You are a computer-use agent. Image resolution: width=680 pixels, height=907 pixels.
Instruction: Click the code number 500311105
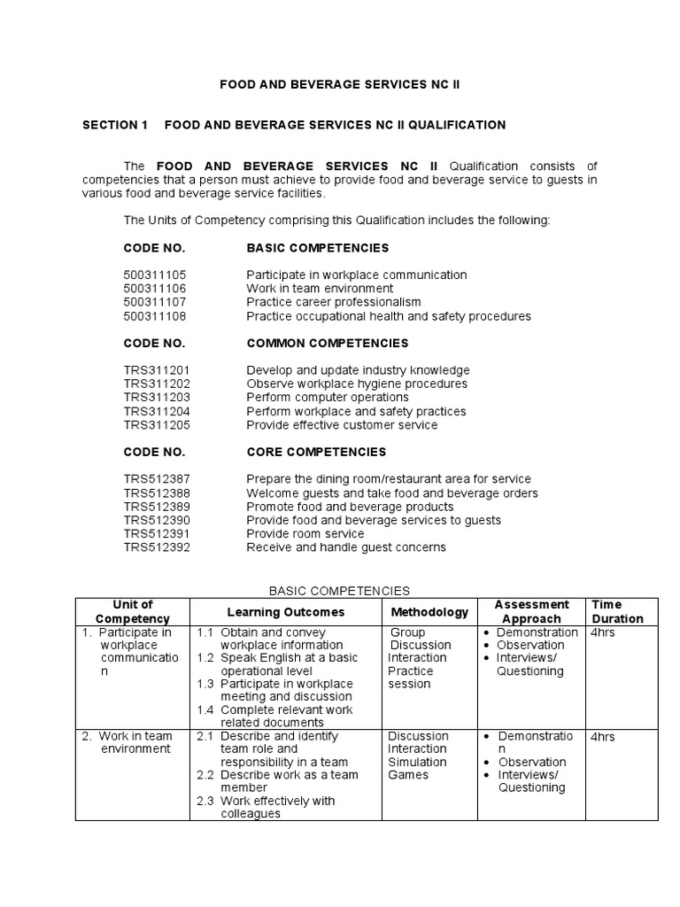click(x=155, y=275)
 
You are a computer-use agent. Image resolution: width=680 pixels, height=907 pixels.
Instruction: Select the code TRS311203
click(x=157, y=398)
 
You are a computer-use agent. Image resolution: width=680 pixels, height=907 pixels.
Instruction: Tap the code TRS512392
click(x=157, y=547)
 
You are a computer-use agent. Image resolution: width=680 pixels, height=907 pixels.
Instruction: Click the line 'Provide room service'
click(x=305, y=534)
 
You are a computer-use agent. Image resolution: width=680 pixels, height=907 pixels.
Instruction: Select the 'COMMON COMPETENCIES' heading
click(x=327, y=343)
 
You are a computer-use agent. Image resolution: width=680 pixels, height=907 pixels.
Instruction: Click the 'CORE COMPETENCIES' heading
click(x=316, y=452)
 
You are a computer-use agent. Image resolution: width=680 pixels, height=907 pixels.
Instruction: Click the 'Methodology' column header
click(x=429, y=612)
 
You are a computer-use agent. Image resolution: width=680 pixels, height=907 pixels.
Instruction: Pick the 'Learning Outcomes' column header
click(x=286, y=612)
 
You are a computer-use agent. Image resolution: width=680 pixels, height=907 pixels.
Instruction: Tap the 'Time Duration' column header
click(x=617, y=612)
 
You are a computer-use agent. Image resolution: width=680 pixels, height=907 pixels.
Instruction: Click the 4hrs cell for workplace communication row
click(x=602, y=633)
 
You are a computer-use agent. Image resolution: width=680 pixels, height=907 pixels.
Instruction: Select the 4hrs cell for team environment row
click(x=602, y=737)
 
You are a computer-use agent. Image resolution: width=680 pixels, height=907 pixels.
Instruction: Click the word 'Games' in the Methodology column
click(x=407, y=775)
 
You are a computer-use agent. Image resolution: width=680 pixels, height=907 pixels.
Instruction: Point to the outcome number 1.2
click(x=205, y=658)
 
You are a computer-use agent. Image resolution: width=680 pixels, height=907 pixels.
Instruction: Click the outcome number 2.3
click(x=205, y=801)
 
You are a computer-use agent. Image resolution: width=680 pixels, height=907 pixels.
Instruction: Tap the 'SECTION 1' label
click(x=115, y=125)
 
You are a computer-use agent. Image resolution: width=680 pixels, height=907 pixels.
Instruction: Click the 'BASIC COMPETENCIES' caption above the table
click(x=339, y=590)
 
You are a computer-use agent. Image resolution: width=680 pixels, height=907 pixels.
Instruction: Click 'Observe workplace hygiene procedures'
click(x=356, y=384)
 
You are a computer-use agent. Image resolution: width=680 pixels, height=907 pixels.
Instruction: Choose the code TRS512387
click(x=157, y=479)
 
